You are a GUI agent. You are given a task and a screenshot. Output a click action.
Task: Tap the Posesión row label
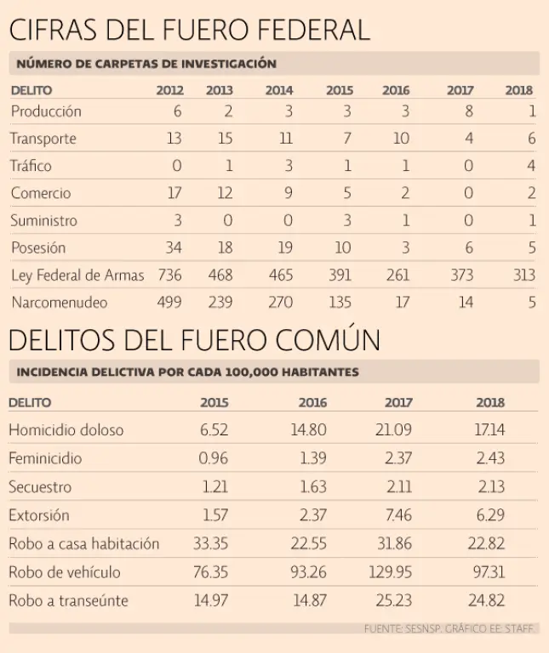[38, 248]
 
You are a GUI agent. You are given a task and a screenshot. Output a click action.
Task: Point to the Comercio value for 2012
[174, 193]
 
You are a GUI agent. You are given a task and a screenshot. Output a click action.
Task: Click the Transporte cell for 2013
[224, 139]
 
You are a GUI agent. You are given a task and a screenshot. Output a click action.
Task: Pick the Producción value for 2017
[468, 111]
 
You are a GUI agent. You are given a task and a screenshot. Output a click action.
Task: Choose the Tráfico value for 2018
[531, 166]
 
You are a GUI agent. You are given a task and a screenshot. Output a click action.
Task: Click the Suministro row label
[43, 221]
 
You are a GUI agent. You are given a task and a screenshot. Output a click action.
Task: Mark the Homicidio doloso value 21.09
[394, 430]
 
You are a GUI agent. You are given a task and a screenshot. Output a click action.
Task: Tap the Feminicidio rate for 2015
[214, 458]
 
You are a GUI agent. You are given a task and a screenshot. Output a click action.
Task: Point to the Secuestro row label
[40, 487]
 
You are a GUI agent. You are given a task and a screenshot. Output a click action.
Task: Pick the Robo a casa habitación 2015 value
[211, 543]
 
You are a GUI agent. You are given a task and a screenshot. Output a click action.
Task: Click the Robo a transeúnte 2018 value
[489, 600]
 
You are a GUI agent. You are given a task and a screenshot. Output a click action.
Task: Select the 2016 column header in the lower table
[312, 403]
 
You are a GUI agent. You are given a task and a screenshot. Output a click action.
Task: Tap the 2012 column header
[169, 90]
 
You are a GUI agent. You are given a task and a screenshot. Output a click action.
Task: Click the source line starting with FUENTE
[448, 628]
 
